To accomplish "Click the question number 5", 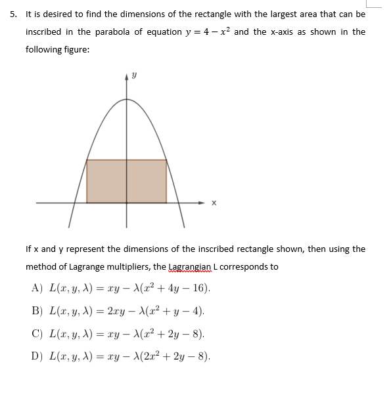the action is (x=13, y=14).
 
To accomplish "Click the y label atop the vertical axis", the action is (x=134, y=76).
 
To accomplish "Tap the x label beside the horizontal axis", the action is (x=213, y=203).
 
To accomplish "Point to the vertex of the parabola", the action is (x=127, y=100).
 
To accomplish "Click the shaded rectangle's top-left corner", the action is (x=87, y=160).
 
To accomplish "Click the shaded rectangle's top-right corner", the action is (x=166, y=160).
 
